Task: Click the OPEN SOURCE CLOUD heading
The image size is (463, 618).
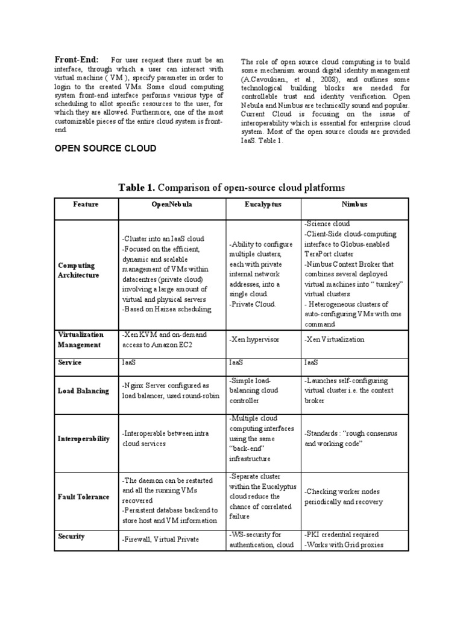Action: tap(106, 148)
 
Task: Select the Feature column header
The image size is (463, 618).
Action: tap(86, 205)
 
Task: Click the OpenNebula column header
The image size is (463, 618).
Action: tap(172, 205)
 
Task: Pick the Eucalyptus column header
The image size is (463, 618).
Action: tap(263, 205)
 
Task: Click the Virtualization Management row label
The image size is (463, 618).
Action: tap(81, 339)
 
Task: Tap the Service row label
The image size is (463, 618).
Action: tap(70, 363)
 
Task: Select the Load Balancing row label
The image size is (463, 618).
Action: tap(84, 390)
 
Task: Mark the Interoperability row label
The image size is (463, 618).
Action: tap(84, 439)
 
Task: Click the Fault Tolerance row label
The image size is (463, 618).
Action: tap(84, 497)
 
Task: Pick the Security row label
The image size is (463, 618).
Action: tap(71, 536)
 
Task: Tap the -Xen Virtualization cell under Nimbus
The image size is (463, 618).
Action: tap(335, 339)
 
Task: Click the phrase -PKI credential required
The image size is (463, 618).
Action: tap(342, 534)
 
